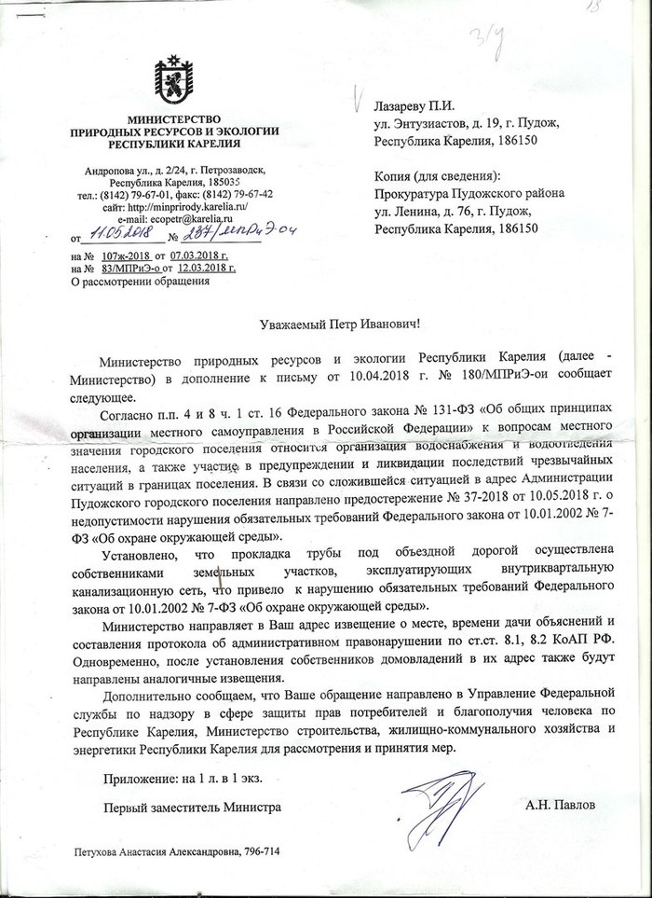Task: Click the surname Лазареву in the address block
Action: pyautogui.click(x=406, y=108)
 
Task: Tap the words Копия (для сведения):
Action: pyautogui.click(x=437, y=176)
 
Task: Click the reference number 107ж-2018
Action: pyautogui.click(x=125, y=254)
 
